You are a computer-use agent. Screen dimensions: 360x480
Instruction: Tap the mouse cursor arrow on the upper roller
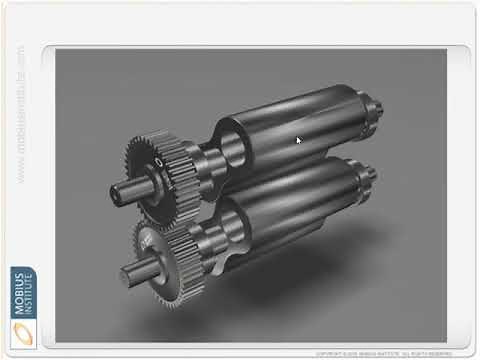298,140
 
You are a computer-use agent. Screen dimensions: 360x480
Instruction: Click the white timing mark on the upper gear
158,162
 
